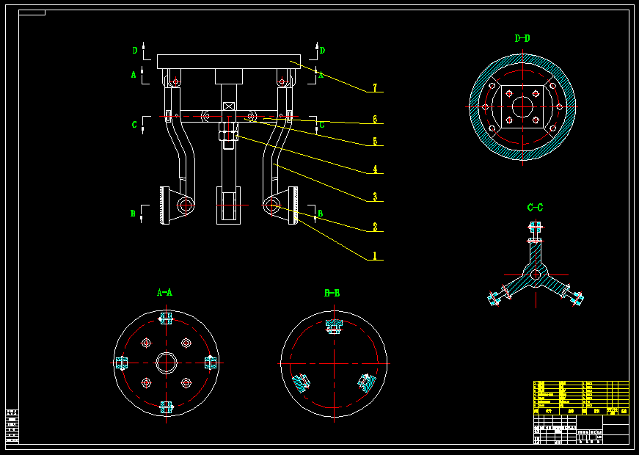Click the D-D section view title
click(x=522, y=38)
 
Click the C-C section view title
click(x=536, y=208)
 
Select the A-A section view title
click(x=165, y=292)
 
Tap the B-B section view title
click(x=332, y=293)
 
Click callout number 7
click(x=374, y=88)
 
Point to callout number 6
click(x=374, y=119)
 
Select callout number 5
click(x=374, y=142)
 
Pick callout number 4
click(x=374, y=170)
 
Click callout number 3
click(x=374, y=197)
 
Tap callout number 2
click(x=374, y=227)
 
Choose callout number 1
click(x=374, y=256)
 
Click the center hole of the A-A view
click(x=166, y=363)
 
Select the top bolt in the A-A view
click(x=166, y=318)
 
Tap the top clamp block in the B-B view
click(x=334, y=325)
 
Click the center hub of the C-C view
click(x=536, y=274)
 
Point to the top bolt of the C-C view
click(x=536, y=230)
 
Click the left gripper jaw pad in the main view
click(x=164, y=206)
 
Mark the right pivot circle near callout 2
click(x=272, y=205)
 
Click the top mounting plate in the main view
click(x=228, y=62)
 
